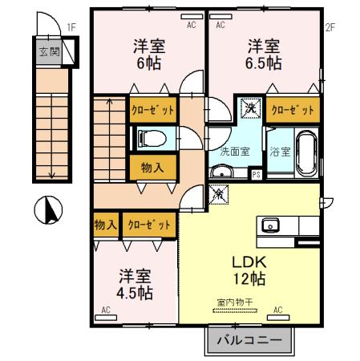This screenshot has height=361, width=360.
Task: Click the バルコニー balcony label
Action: pyautogui.click(x=251, y=340)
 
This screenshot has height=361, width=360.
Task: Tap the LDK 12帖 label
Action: pyautogui.click(x=249, y=270)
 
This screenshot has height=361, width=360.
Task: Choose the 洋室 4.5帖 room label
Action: pyautogui.click(x=134, y=284)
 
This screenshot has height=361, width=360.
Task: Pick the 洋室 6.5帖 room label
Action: pyautogui.click(x=263, y=53)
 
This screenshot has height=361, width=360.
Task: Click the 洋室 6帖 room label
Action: pyautogui.click(x=149, y=53)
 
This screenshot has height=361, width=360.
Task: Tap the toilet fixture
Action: pyautogui.click(x=152, y=139)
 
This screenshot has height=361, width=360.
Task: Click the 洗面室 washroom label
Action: pyautogui.click(x=234, y=151)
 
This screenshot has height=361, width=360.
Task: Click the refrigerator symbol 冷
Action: pyautogui.click(x=217, y=193)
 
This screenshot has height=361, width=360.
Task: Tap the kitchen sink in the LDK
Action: pyautogui.click(x=269, y=224)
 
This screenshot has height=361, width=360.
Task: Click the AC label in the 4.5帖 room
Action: pyautogui.click(x=106, y=308)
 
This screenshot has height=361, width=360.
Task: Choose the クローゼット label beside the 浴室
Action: pyautogui.click(x=293, y=108)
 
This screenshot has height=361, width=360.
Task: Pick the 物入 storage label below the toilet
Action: pyautogui.click(x=152, y=168)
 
